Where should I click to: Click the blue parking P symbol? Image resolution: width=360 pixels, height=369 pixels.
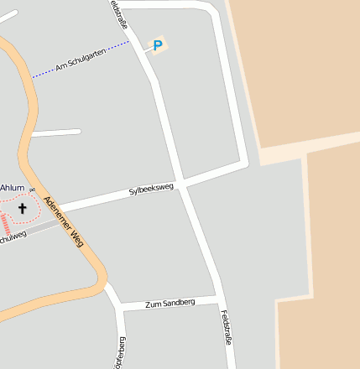157,44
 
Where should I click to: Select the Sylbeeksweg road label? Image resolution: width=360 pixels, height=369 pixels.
151,190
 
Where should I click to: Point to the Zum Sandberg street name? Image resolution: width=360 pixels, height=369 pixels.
170,303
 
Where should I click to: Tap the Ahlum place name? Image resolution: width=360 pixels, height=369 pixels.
13,188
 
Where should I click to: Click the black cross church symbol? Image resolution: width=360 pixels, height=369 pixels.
22,207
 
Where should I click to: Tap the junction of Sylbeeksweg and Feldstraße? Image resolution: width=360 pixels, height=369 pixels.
182,184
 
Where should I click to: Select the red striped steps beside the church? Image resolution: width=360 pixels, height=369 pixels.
7,224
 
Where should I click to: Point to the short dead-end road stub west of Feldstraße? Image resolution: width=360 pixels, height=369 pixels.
55,133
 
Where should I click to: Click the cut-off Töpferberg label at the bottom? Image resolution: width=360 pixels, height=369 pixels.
121,353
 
